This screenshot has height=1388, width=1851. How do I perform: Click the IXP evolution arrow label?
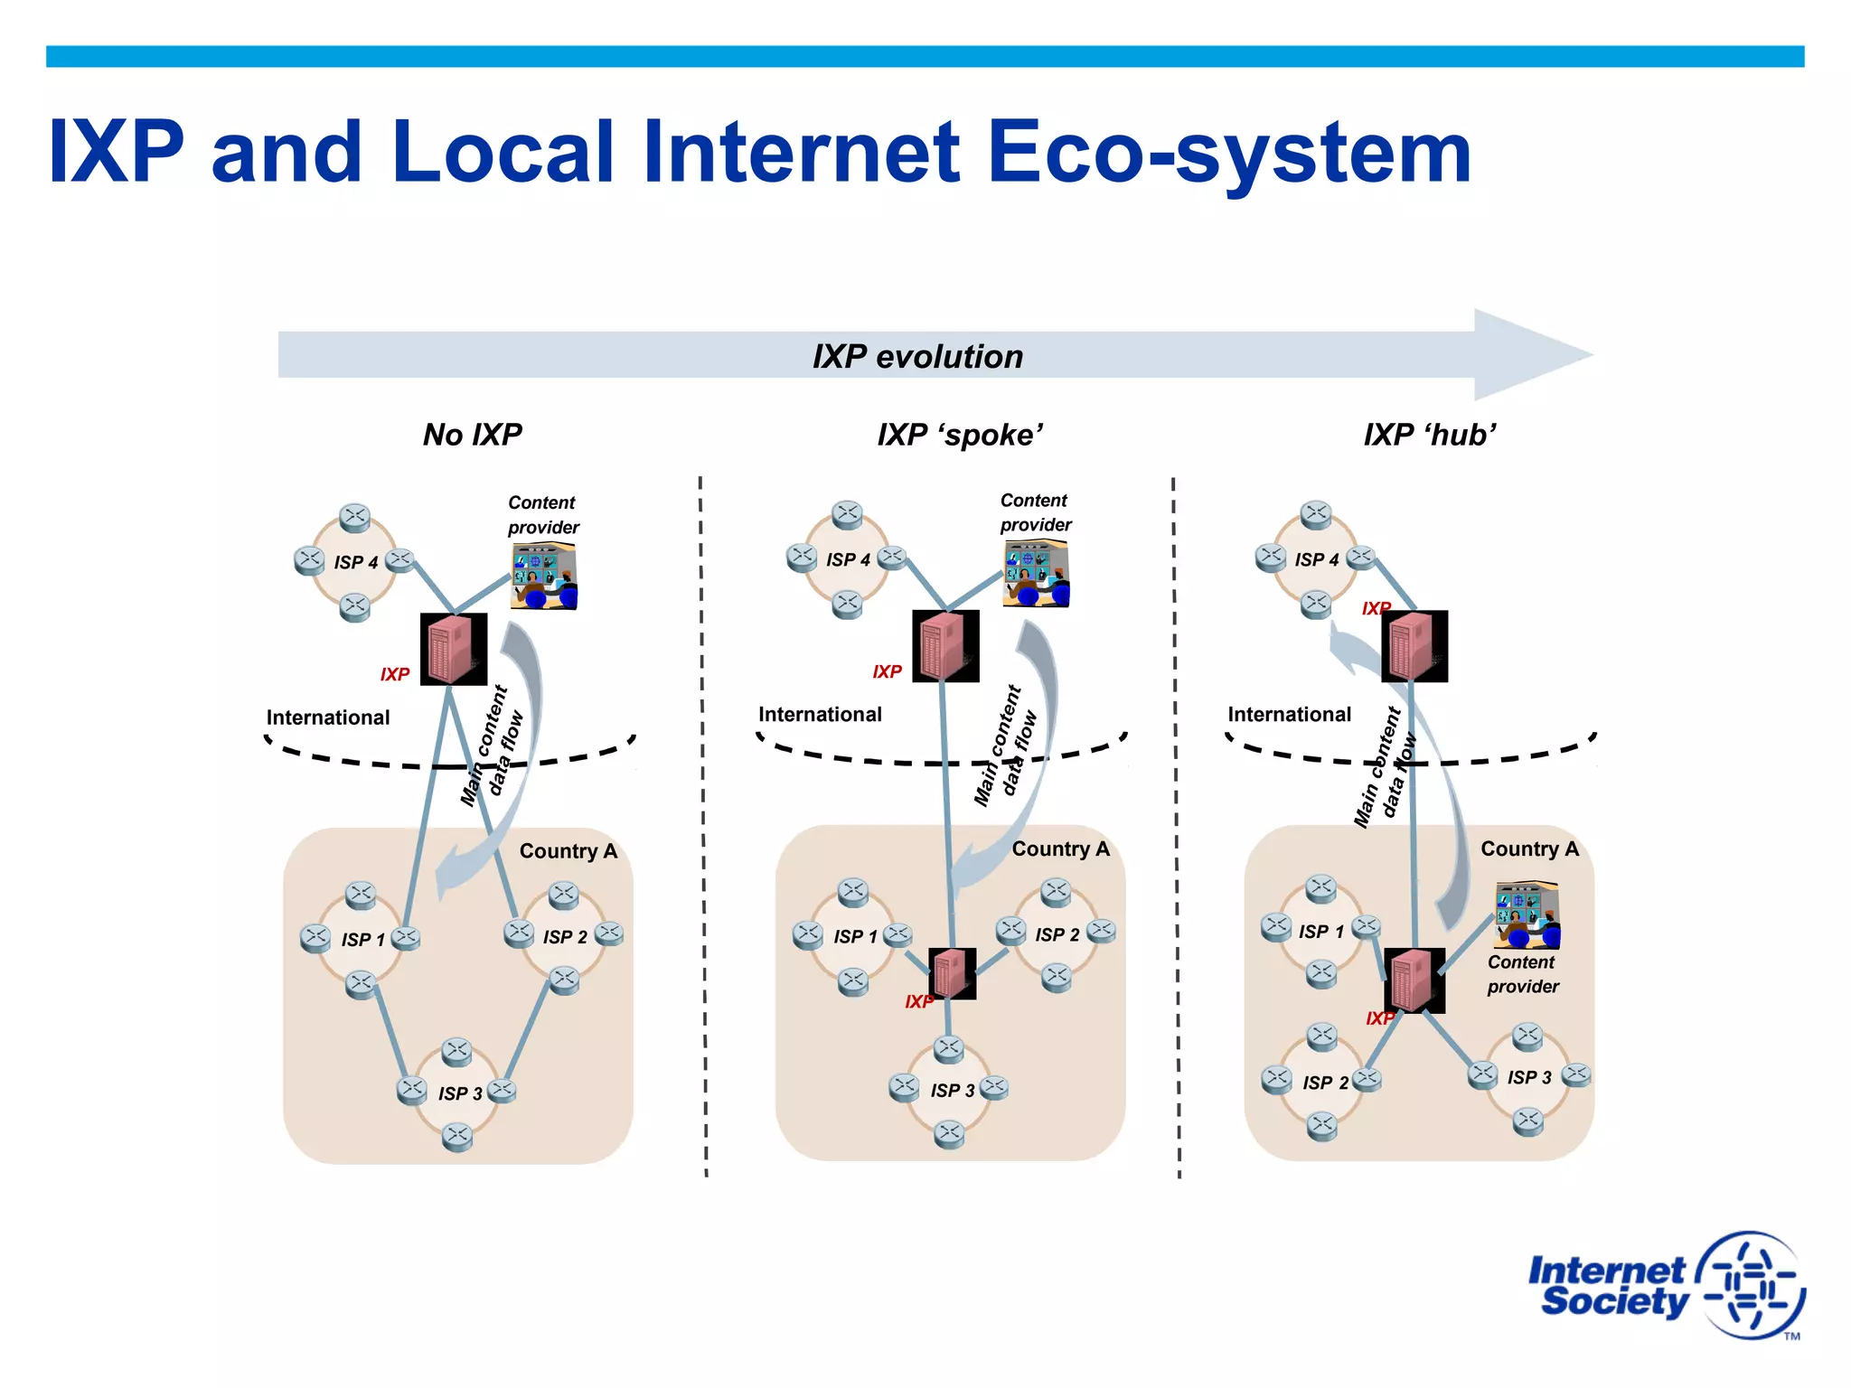(x=917, y=356)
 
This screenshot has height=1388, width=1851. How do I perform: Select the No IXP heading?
(x=472, y=435)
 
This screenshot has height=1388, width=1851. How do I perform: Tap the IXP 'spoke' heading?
(x=960, y=435)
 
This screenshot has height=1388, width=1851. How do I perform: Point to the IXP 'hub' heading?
(x=1430, y=435)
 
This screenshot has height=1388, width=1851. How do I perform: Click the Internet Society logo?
(x=1665, y=1285)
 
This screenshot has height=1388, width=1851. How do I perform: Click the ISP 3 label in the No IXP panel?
(x=460, y=1093)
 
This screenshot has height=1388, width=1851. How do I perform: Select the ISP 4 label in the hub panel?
(x=1316, y=559)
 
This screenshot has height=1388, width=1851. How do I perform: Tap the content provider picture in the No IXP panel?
(x=544, y=576)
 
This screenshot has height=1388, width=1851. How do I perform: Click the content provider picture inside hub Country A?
(x=1527, y=914)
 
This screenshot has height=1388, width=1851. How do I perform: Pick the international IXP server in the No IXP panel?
(x=454, y=649)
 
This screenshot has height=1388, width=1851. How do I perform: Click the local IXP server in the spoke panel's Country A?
(x=952, y=973)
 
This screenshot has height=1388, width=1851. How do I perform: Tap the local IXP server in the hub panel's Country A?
(x=1414, y=980)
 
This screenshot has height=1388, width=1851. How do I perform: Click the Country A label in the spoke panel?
(x=1060, y=849)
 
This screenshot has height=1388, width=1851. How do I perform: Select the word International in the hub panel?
(x=1289, y=714)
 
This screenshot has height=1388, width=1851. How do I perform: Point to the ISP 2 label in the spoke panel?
(x=1057, y=934)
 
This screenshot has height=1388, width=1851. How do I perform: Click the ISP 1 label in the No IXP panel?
(x=362, y=940)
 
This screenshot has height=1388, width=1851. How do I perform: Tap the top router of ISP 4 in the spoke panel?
(x=847, y=514)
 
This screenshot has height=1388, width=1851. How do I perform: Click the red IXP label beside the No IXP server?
(x=395, y=674)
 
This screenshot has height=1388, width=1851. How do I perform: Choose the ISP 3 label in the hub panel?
(x=1529, y=1077)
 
